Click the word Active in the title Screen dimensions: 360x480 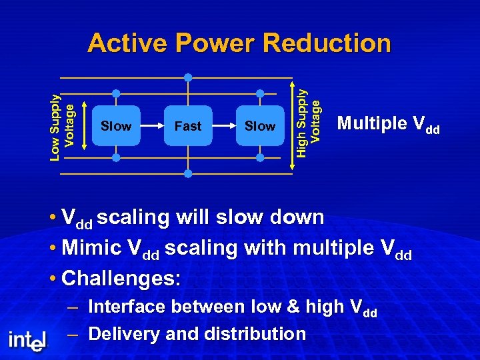(127, 43)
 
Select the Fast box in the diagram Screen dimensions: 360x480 (188, 125)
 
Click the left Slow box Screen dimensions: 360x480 (116, 125)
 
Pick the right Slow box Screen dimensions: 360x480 (260, 125)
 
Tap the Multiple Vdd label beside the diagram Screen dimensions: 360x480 (388, 124)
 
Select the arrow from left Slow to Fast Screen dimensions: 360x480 (152, 125)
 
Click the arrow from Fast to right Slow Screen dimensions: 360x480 (224, 125)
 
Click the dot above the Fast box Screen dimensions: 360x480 (188, 77)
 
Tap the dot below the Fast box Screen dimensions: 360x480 (188, 173)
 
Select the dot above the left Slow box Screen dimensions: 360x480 (116, 93)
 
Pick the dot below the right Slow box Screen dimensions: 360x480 (260, 158)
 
